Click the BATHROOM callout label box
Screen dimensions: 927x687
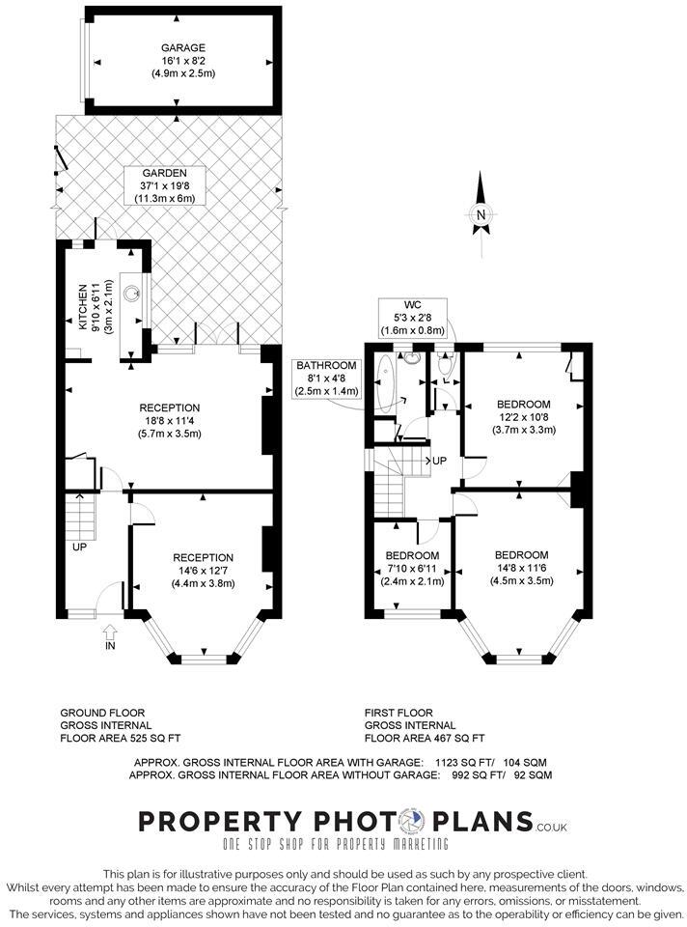[x=327, y=378]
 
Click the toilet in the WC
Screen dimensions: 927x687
[x=446, y=365]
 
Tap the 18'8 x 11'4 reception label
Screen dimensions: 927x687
[x=169, y=420]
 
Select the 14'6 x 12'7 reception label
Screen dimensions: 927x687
[x=203, y=570]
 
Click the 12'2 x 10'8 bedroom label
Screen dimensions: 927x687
[x=523, y=416]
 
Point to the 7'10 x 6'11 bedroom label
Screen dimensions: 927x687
[x=413, y=569]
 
